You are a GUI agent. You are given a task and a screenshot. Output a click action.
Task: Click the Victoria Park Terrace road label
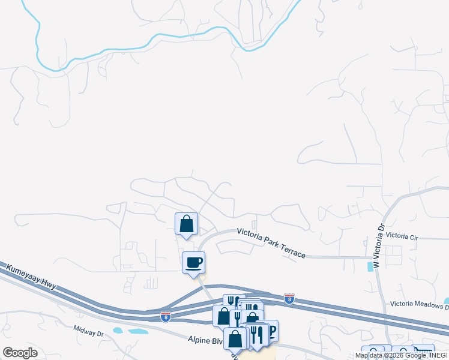(271, 242)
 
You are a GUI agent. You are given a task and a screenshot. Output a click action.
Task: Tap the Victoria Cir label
(402, 236)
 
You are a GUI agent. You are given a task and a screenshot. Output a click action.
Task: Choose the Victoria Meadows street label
(418, 305)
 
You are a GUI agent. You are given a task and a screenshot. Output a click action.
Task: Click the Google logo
(20, 352)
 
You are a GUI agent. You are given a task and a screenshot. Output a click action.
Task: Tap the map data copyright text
(401, 355)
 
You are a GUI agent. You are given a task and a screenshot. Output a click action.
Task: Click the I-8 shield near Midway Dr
(165, 316)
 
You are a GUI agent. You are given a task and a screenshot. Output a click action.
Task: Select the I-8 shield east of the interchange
(289, 298)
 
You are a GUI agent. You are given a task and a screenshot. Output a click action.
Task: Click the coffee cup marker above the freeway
(193, 262)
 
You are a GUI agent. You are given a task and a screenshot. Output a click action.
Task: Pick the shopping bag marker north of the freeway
(186, 224)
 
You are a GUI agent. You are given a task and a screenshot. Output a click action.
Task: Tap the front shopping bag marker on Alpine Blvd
(235, 338)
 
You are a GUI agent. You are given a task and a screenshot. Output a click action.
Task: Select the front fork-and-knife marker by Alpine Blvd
(258, 334)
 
